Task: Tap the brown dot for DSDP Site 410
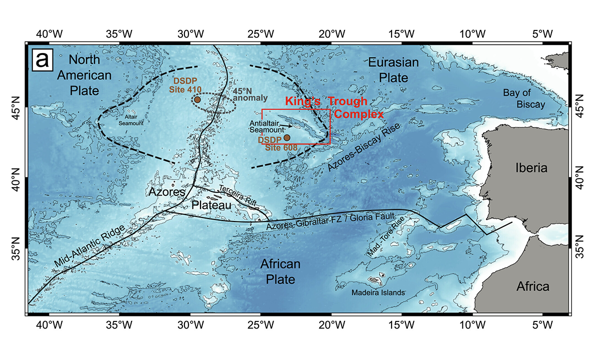tap(197, 99)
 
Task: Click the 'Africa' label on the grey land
tap(533, 286)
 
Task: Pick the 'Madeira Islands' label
tap(378, 292)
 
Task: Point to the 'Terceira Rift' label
tap(238, 195)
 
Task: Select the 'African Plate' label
tap(279, 271)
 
